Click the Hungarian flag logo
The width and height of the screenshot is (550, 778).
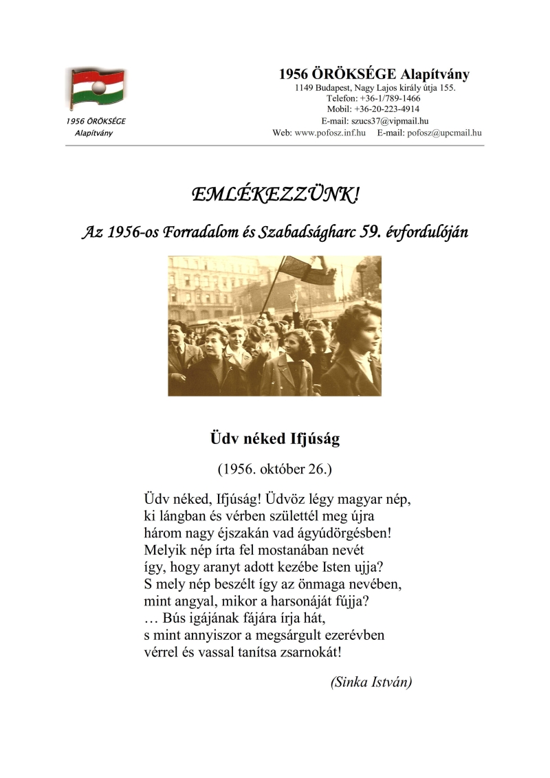click(96, 89)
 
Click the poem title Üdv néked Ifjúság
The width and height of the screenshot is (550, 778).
click(274, 438)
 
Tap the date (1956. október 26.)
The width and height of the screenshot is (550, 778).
click(274, 469)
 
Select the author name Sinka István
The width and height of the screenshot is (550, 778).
click(371, 682)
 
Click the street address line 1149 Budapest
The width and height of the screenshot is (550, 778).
click(375, 88)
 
